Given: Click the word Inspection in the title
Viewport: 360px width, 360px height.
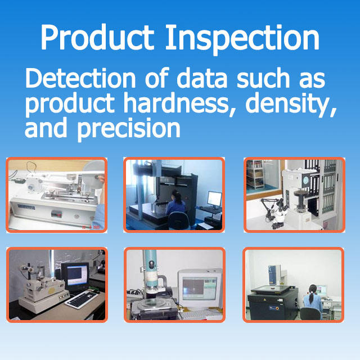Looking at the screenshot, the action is click(x=242, y=39).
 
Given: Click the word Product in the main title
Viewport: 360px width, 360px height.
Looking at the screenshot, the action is click(x=97, y=37).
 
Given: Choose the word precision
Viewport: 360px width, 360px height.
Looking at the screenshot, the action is click(x=129, y=129).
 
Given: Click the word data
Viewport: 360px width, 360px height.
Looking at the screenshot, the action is click(x=202, y=78).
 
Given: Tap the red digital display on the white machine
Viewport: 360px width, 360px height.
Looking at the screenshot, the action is click(x=56, y=214).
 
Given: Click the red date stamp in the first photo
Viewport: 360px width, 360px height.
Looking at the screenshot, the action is click(x=91, y=227).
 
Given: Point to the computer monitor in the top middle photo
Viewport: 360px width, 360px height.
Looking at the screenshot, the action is click(x=214, y=199).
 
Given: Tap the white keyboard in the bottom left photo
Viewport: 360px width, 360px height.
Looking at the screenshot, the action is click(x=82, y=299).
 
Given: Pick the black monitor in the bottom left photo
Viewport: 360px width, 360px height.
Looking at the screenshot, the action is click(x=75, y=277).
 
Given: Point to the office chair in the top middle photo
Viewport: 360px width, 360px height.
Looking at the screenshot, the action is click(x=179, y=220).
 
